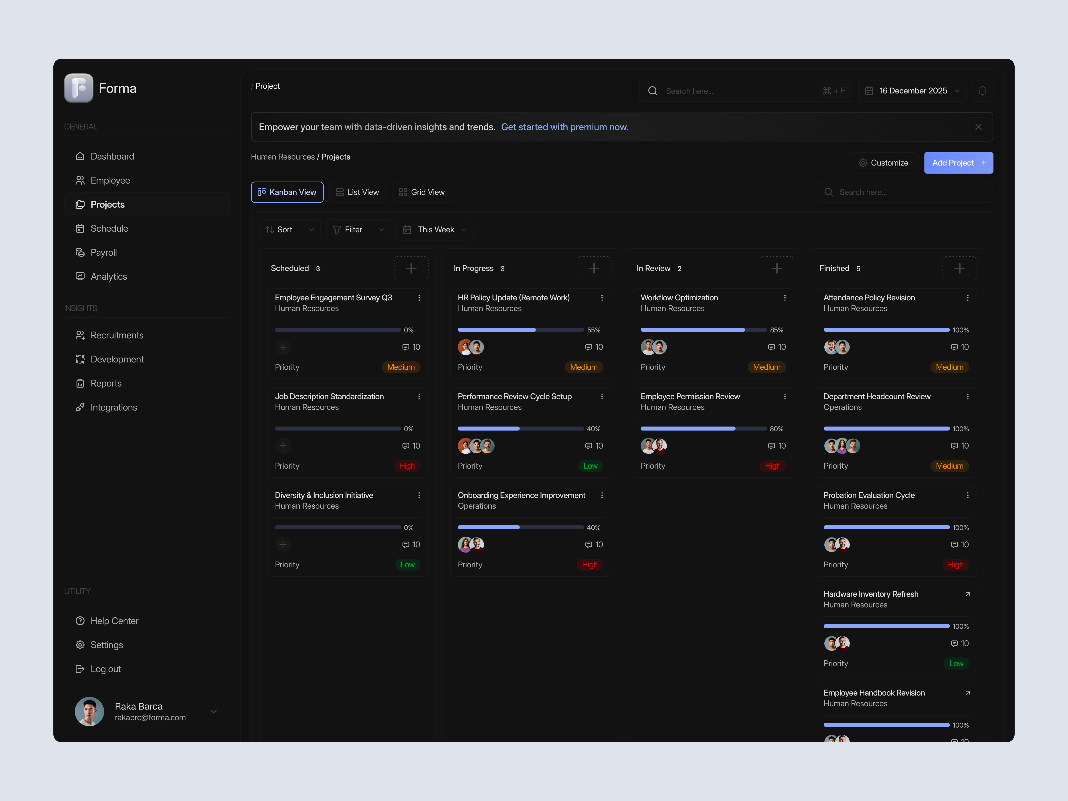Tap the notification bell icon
pyautogui.click(x=982, y=91)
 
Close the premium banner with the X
pyautogui.click(x=978, y=127)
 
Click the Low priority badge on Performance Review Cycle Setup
pyautogui.click(x=590, y=466)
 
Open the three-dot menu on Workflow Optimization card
pyautogui.click(x=785, y=298)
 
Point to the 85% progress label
pyautogui.click(x=776, y=330)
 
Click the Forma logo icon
pyautogui.click(x=79, y=88)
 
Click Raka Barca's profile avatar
pyautogui.click(x=89, y=711)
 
